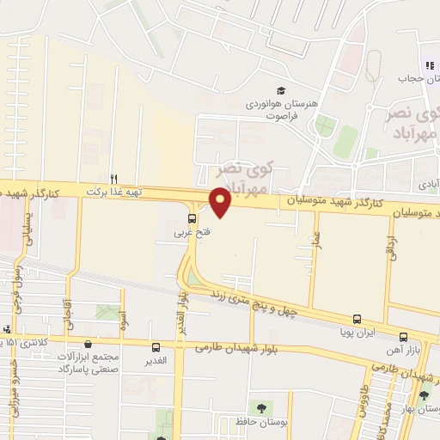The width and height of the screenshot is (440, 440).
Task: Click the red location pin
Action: [x=221, y=203]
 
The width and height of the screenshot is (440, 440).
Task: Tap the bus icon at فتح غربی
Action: [x=192, y=217]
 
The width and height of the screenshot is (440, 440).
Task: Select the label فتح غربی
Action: [x=192, y=232]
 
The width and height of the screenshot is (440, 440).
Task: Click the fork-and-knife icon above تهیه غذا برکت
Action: [x=113, y=178]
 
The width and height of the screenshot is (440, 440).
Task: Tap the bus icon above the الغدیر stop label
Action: [x=156, y=347]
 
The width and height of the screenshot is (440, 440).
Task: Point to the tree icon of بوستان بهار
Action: [x=423, y=396]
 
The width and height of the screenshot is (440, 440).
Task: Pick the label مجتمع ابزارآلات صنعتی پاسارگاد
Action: [x=92, y=362]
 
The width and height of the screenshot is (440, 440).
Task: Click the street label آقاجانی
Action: [x=67, y=312]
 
